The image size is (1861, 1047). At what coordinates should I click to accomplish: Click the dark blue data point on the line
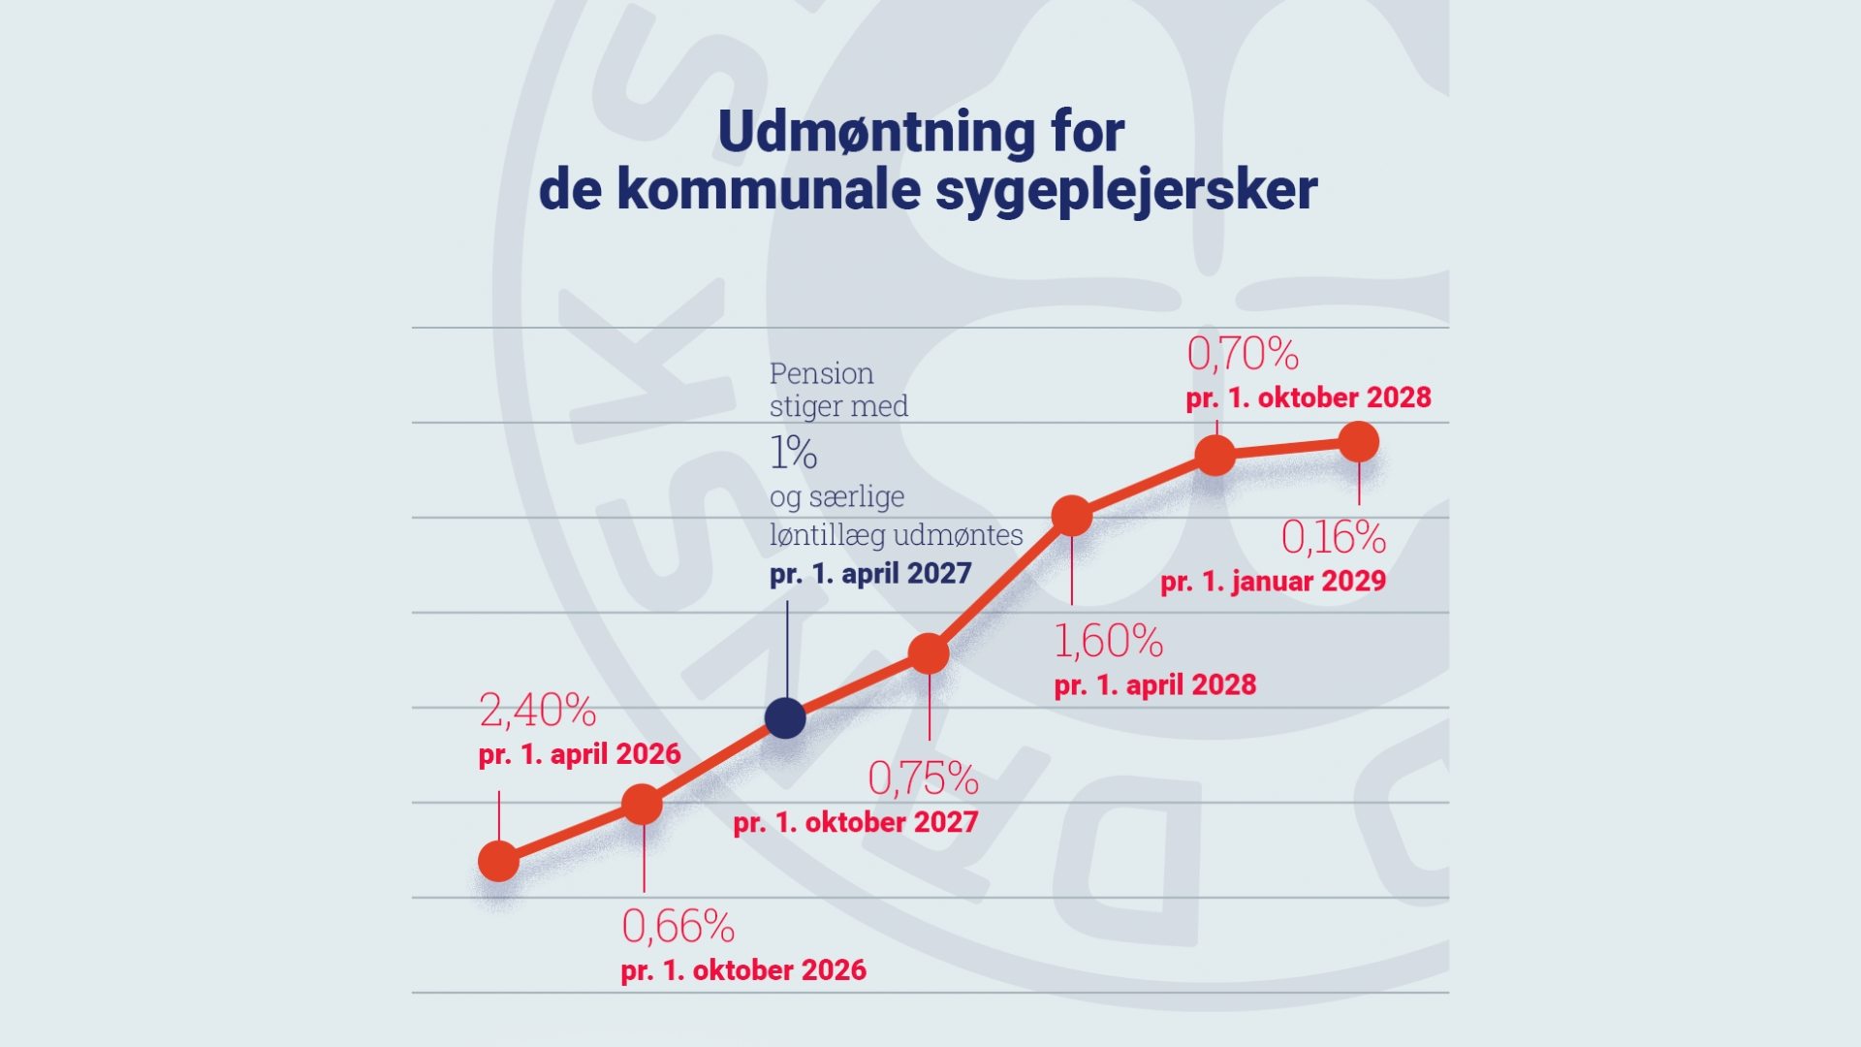click(785, 718)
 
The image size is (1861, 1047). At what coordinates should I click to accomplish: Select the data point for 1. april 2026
click(499, 861)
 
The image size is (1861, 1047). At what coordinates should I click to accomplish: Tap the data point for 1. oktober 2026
click(642, 805)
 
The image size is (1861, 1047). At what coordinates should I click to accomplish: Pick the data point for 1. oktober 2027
click(929, 654)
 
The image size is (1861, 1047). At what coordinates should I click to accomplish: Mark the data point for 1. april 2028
click(1072, 516)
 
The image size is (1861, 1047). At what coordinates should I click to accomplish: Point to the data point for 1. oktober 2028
click(1215, 455)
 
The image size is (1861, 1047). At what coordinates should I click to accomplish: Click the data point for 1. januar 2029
click(1359, 442)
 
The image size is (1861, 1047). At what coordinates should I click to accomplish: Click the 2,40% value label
click(537, 711)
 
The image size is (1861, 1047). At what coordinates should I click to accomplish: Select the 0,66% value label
click(678, 927)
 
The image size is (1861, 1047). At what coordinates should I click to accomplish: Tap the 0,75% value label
click(923, 777)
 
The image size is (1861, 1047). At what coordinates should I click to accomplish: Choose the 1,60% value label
click(1108, 641)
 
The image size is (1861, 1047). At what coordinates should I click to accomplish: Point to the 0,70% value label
click(1243, 354)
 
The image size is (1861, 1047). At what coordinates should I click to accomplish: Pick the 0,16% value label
click(1333, 538)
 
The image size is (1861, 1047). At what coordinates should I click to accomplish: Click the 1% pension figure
click(793, 453)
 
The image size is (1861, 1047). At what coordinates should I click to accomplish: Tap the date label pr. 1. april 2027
click(870, 574)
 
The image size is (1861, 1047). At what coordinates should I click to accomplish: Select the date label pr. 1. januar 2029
click(1273, 582)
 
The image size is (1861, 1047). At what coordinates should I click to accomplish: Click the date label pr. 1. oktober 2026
click(743, 970)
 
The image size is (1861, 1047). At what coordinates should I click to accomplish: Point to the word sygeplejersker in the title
click(1125, 190)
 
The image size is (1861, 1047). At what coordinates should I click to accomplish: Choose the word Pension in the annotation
click(821, 373)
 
